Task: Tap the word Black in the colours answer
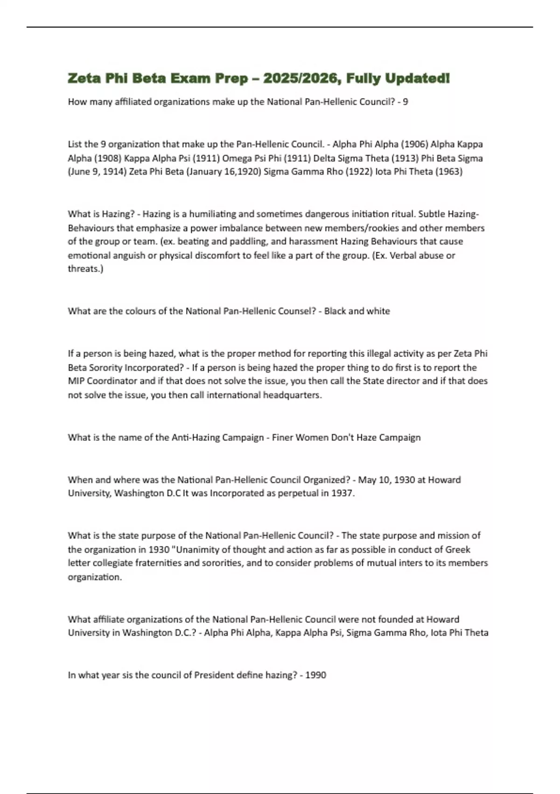tap(335, 311)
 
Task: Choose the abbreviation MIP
tap(76, 381)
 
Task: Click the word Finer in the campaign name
tap(283, 438)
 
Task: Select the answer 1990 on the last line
tap(315, 675)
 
